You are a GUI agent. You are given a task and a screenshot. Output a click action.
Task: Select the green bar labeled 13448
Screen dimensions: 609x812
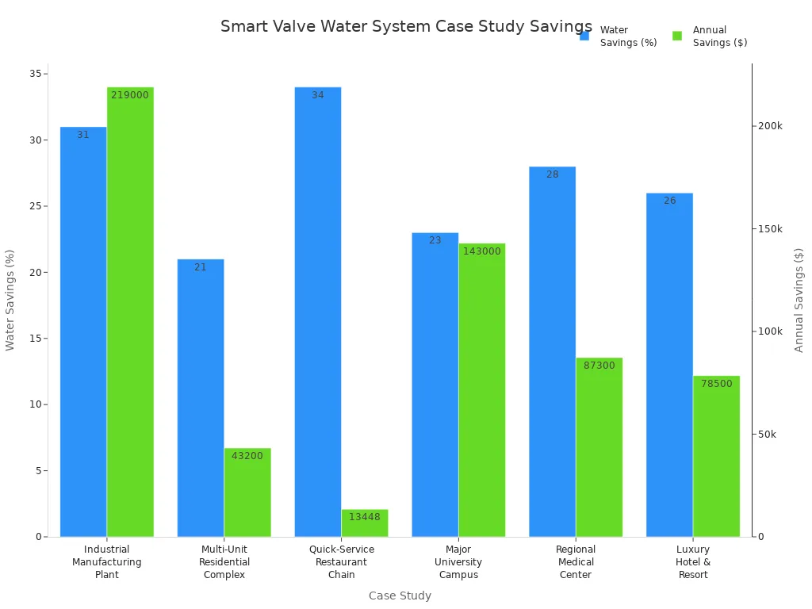[x=365, y=523]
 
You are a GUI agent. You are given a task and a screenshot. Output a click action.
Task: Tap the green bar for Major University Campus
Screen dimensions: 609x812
[x=482, y=389]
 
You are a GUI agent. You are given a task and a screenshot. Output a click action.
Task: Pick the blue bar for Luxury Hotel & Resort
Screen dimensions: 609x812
[x=669, y=365]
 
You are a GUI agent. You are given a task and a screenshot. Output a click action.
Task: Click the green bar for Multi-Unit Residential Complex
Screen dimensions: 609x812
[x=247, y=492]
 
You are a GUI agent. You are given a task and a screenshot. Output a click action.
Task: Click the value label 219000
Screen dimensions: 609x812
[x=130, y=95]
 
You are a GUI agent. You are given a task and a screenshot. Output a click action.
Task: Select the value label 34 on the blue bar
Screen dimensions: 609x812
[x=317, y=95]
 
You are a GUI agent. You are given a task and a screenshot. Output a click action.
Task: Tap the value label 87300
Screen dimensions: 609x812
[x=599, y=366]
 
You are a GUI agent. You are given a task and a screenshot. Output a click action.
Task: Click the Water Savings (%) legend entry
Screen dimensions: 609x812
[x=619, y=36]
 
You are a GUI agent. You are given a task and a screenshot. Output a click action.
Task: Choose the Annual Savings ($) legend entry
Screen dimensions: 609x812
[x=710, y=36]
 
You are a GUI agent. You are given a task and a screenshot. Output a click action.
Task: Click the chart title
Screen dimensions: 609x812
[x=406, y=26]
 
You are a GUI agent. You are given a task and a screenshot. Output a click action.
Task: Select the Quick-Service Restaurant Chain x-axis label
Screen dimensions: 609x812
[x=341, y=561]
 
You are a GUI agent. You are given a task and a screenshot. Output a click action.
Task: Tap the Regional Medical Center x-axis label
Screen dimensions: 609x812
[x=576, y=561]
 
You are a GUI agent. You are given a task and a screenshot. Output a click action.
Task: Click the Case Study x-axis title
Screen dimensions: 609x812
[x=400, y=596]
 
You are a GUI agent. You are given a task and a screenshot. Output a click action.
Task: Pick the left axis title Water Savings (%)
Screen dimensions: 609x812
[x=10, y=300]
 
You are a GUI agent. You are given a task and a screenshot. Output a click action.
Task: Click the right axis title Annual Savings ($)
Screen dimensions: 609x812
[x=799, y=300]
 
